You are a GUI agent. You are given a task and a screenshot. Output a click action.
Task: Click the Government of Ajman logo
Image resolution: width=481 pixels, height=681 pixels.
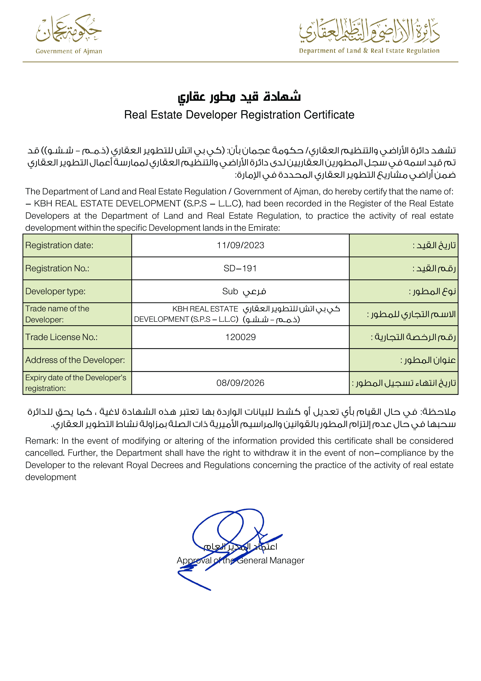69,34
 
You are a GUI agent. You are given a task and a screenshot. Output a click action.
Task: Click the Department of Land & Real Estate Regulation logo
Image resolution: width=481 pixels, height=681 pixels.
369,36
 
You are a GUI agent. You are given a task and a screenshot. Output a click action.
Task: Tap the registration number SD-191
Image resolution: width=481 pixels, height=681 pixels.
240,268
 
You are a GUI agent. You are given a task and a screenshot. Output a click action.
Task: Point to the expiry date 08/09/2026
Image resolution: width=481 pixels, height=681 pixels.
240,383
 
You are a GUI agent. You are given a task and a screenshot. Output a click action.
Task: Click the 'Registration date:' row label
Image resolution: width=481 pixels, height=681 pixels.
59,245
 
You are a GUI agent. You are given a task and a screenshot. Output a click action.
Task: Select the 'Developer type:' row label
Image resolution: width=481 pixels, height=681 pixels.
55,291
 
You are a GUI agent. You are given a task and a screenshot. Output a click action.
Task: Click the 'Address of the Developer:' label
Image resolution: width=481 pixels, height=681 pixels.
75,360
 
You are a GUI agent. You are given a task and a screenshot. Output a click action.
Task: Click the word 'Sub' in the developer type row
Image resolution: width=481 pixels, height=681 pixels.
230,291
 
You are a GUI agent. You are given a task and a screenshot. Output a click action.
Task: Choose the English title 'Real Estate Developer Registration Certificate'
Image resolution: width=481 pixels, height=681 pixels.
239,115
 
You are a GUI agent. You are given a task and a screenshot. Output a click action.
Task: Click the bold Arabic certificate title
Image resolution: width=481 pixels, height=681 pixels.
239,97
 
